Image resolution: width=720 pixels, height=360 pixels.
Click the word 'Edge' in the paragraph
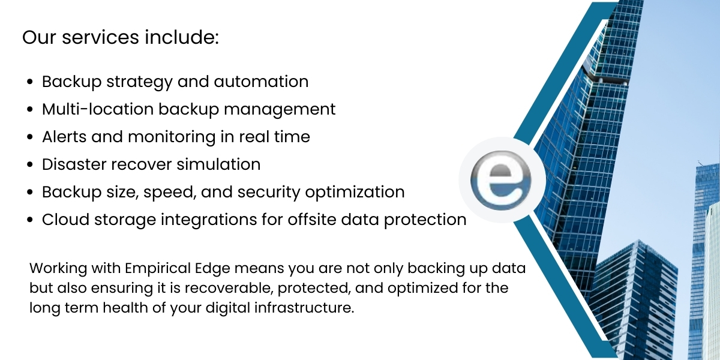tap(191, 268)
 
